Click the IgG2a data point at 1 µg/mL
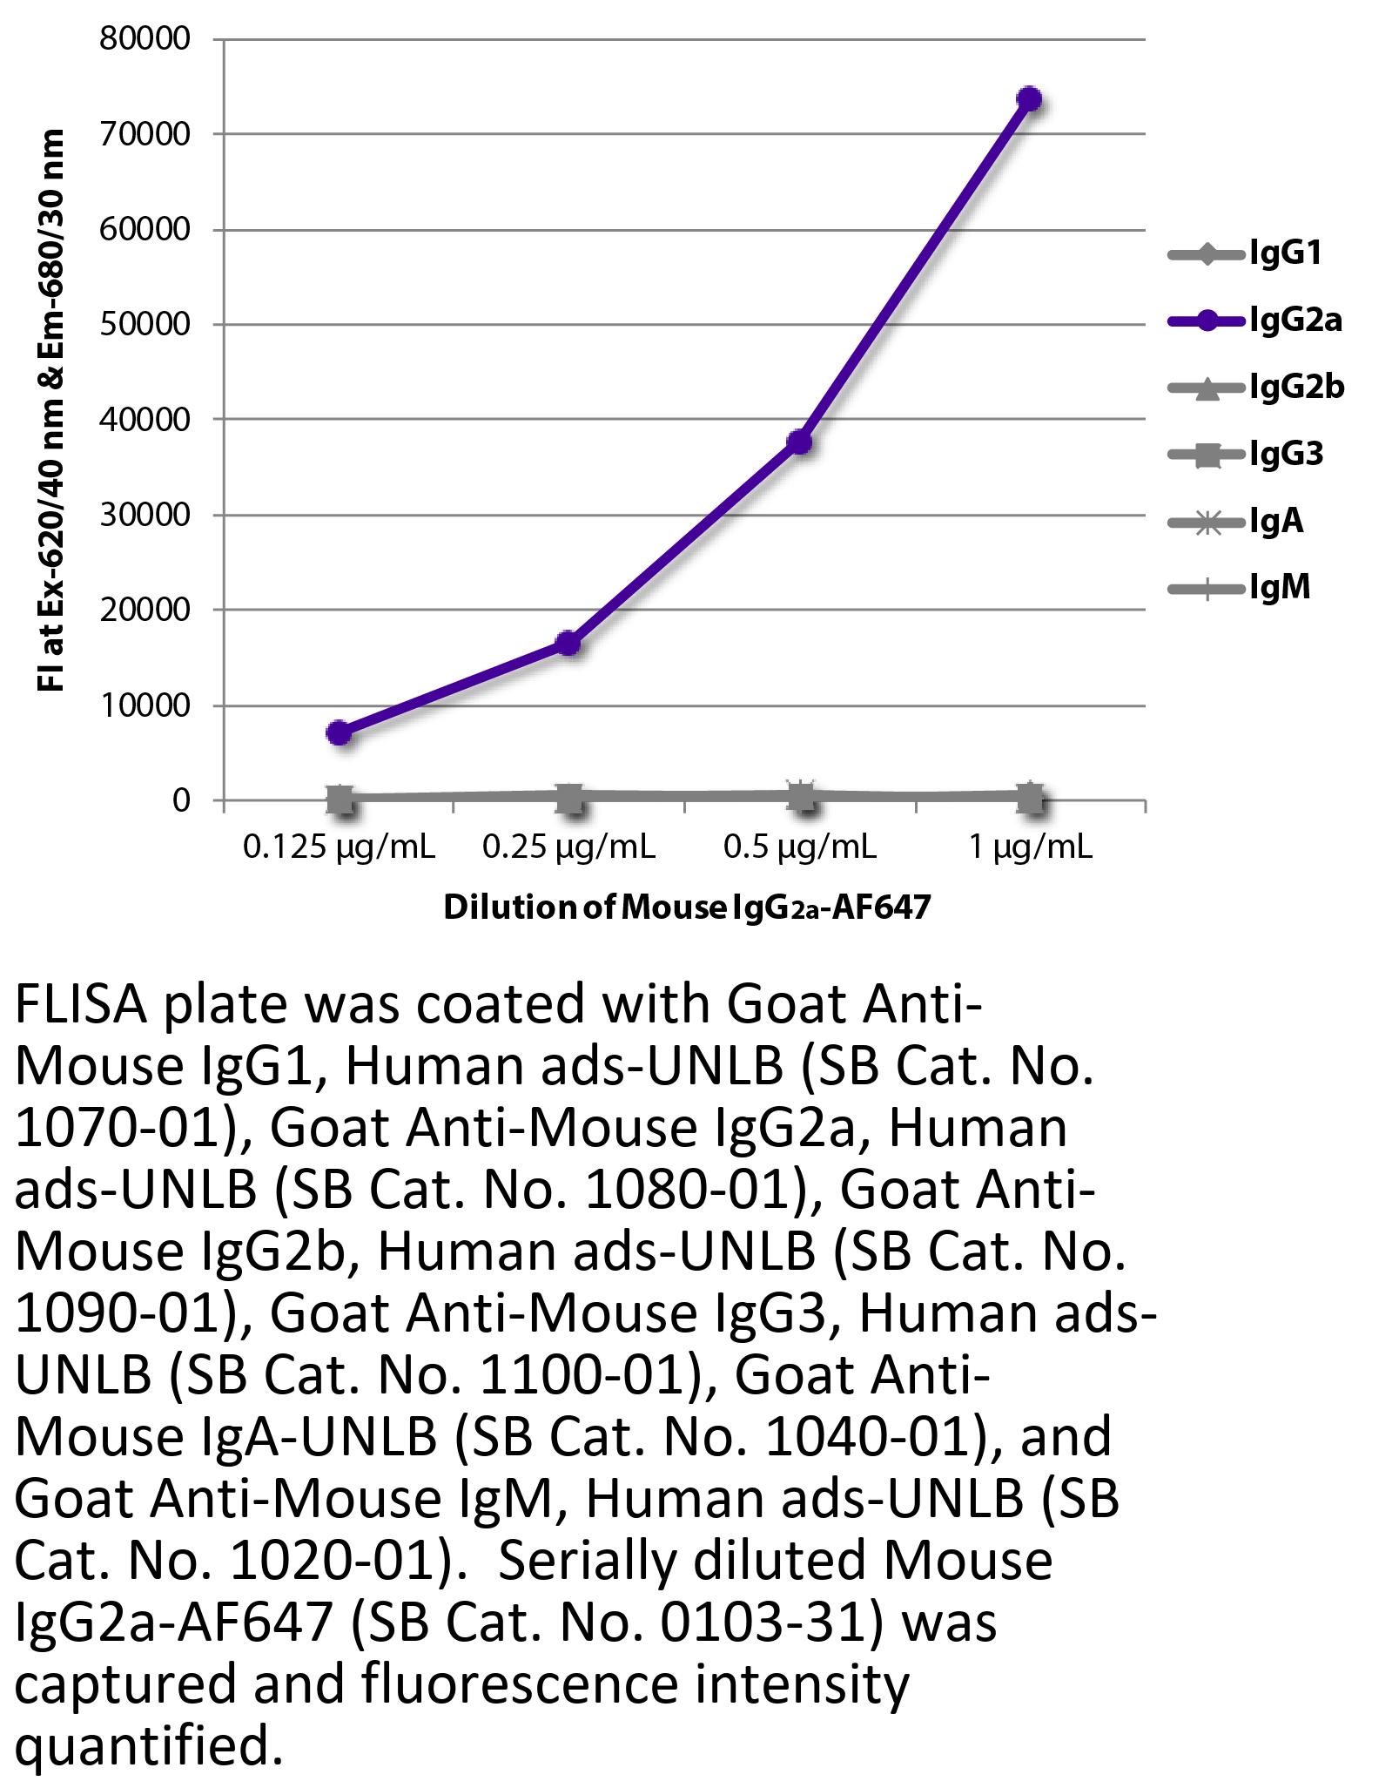(x=1029, y=99)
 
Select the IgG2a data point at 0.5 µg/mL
(x=799, y=442)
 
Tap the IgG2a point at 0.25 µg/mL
(x=568, y=643)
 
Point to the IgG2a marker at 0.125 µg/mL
(x=340, y=732)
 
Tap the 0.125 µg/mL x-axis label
(x=339, y=847)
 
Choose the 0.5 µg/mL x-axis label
(x=799, y=847)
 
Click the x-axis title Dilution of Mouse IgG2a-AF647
(x=687, y=907)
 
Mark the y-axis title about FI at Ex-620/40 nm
(x=52, y=409)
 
